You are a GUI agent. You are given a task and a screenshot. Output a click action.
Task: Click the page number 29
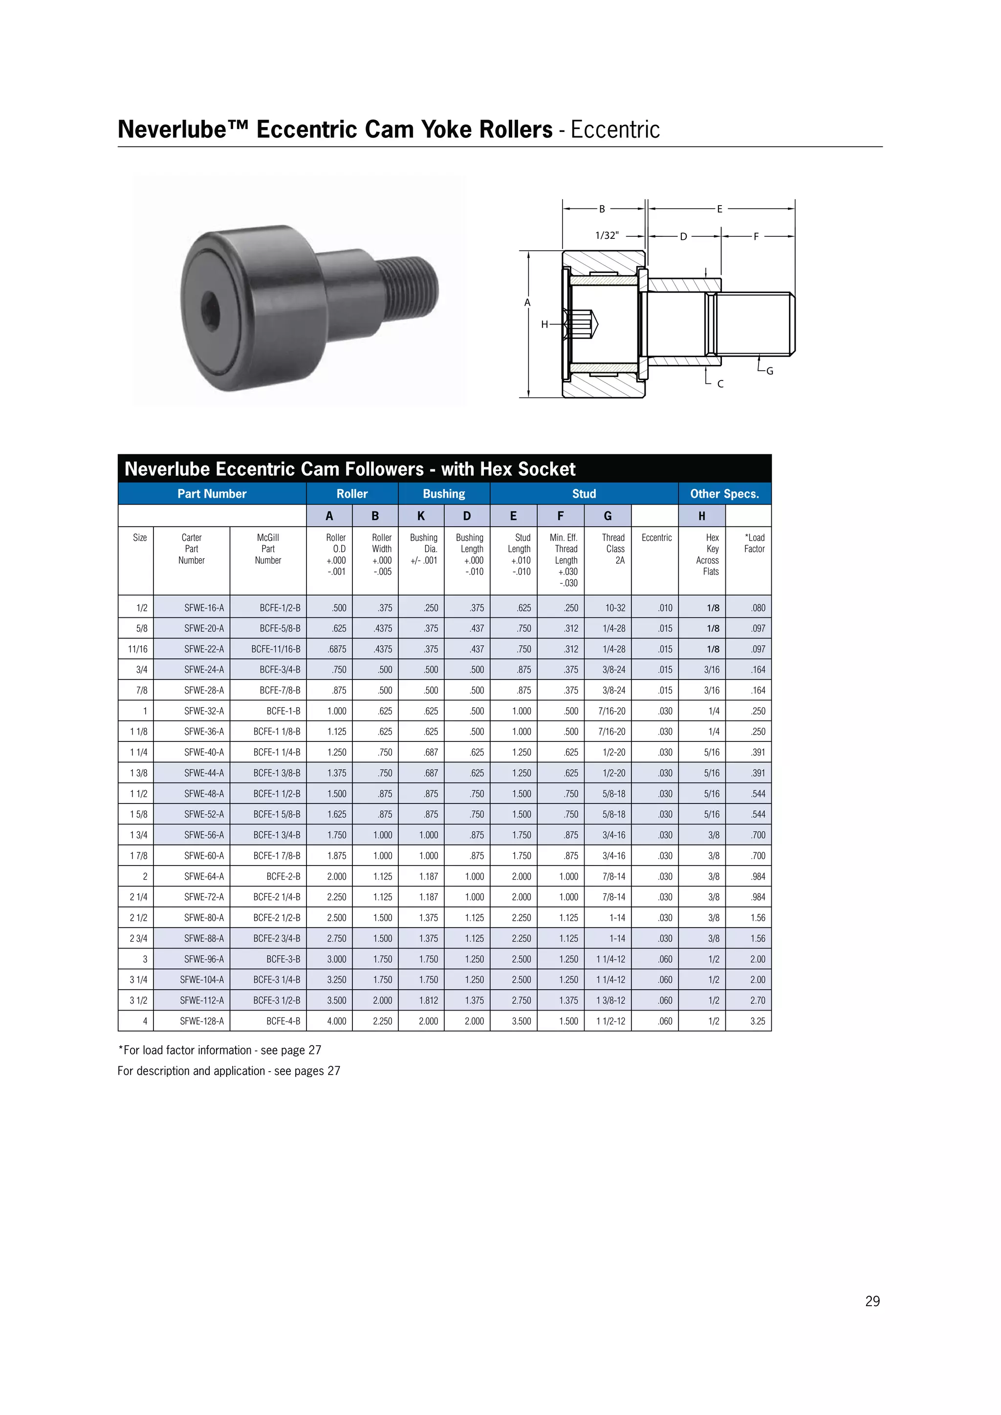click(872, 1301)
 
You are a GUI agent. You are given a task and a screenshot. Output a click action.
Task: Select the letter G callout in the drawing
click(769, 371)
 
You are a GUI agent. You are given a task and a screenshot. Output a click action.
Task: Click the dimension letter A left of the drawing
click(527, 303)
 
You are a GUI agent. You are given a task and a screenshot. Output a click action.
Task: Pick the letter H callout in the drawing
click(544, 324)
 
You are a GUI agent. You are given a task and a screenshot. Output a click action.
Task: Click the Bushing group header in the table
click(444, 494)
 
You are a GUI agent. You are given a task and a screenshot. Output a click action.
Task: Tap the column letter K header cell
click(421, 516)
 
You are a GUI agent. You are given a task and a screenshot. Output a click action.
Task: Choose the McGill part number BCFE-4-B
click(283, 1021)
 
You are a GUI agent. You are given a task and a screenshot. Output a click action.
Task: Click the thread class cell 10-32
click(615, 608)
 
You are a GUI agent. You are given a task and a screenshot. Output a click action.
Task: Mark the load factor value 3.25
click(758, 1021)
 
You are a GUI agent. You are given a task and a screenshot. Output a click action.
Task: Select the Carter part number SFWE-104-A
click(202, 980)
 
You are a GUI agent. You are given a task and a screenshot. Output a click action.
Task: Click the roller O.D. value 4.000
click(336, 1021)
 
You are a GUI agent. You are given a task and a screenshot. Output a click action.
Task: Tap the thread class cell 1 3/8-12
click(610, 1000)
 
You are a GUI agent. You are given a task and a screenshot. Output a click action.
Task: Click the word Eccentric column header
click(656, 537)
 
